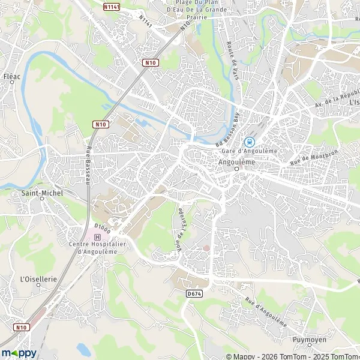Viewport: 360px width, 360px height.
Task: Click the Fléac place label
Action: [x=12, y=77]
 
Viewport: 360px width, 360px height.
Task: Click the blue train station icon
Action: [x=251, y=142]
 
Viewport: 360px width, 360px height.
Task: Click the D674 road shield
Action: [x=193, y=293]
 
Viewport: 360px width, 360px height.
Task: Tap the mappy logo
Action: [x=19, y=353]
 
